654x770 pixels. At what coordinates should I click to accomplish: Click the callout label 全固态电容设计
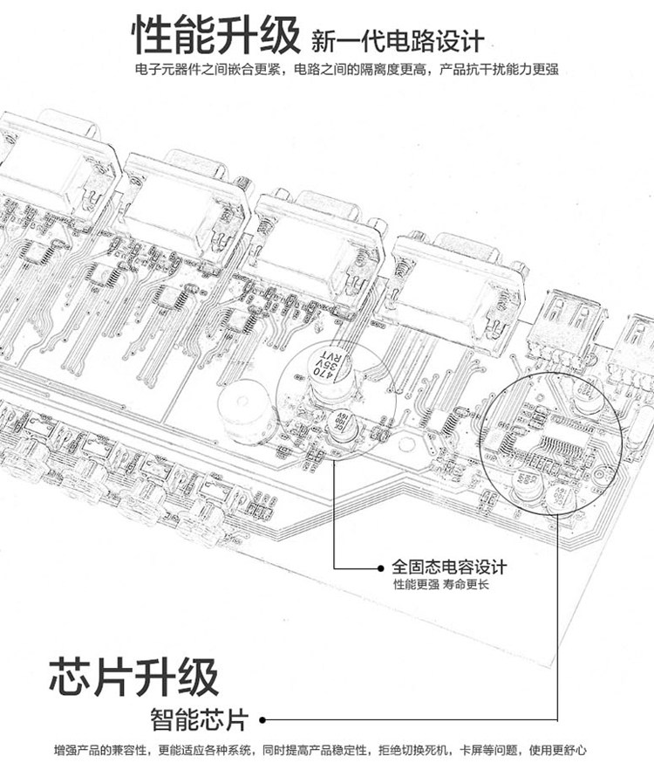(449, 567)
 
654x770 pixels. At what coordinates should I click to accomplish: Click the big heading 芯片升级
(133, 677)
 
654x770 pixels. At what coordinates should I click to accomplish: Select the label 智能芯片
(199, 720)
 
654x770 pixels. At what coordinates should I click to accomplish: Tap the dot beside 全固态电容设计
(379, 567)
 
